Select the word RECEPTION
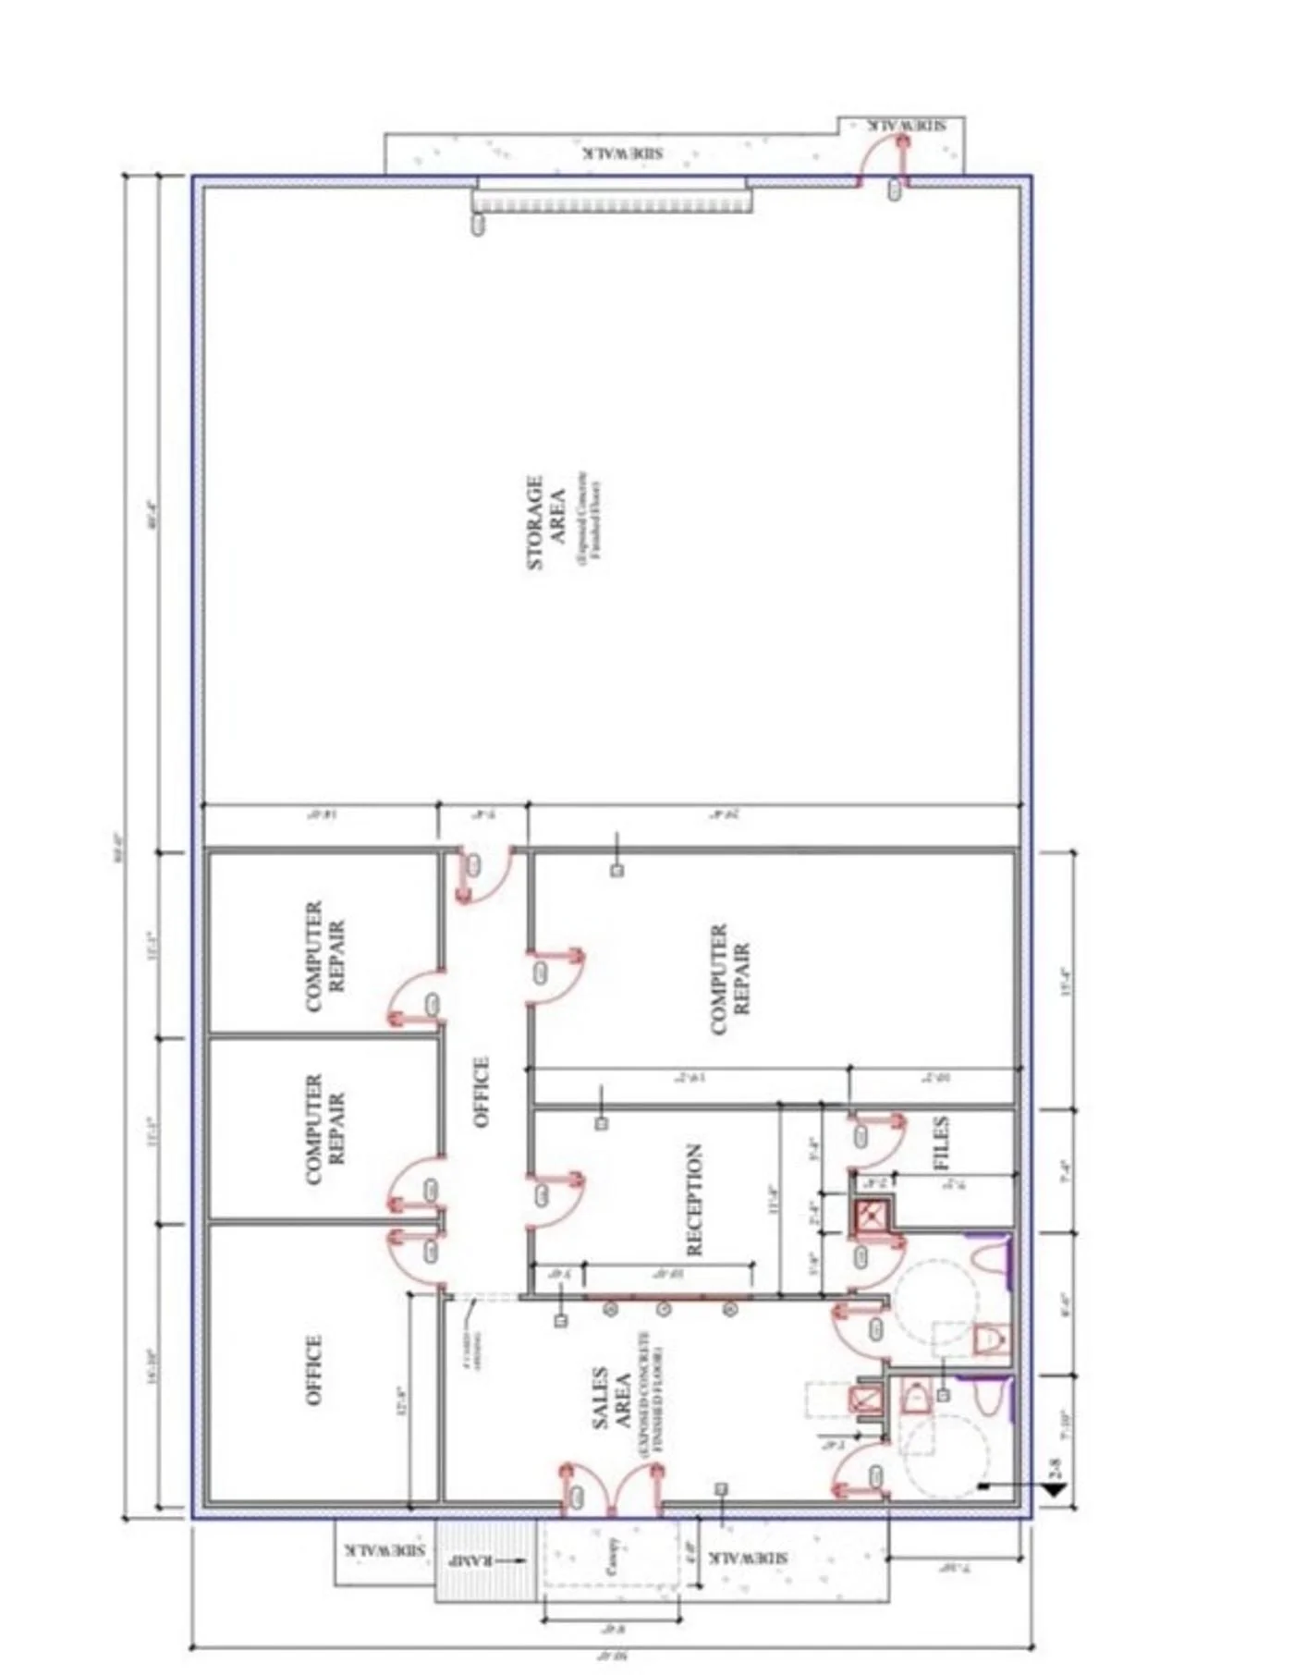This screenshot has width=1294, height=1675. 695,1199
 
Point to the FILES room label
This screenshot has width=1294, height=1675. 942,1143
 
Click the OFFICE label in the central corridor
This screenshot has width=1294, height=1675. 482,1092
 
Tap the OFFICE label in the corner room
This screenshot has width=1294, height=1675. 314,1370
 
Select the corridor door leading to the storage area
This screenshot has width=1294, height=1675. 482,874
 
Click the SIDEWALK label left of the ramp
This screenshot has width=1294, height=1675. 385,1548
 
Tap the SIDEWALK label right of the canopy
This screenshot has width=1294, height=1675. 749,1558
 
